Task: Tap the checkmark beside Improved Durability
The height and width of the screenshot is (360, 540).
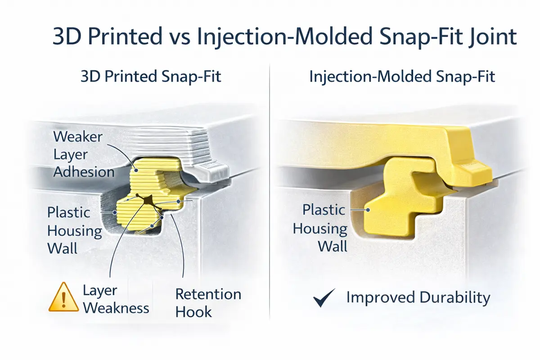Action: [324, 298]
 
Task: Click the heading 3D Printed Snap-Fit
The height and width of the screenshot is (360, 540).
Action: [151, 76]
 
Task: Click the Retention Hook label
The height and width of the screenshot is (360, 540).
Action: [208, 303]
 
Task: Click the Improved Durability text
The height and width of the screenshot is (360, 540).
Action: [418, 298]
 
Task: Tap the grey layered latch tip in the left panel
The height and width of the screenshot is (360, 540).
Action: [214, 171]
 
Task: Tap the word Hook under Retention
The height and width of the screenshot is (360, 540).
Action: [193, 311]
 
